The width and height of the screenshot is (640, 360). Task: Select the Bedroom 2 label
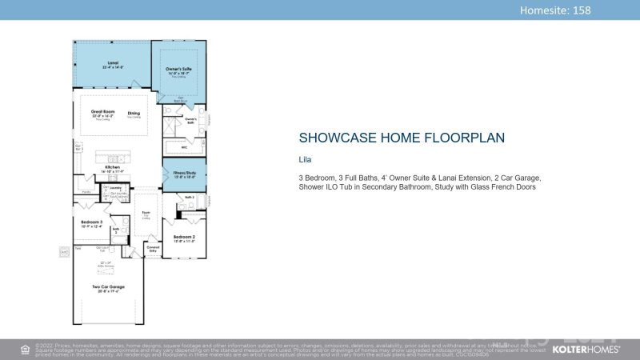click(184, 237)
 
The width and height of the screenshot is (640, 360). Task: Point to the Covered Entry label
click(153, 249)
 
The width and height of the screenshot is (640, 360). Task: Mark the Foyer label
click(146, 214)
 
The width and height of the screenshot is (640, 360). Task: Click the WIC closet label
click(183, 147)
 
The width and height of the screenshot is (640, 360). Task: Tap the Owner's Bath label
click(190, 121)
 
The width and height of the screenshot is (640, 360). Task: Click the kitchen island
click(112, 154)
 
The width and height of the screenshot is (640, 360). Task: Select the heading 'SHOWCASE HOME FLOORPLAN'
click(402, 138)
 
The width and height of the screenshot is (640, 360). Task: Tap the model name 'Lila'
click(305, 160)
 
